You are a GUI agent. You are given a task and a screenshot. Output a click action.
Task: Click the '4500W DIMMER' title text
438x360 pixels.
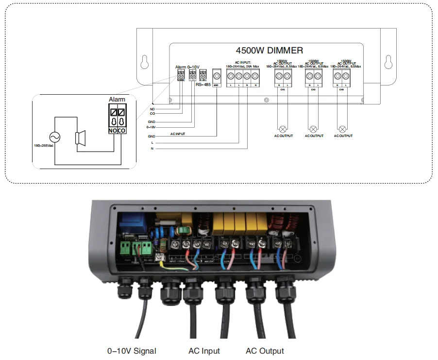269,50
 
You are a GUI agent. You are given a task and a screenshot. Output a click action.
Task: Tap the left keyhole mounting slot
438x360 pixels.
144,63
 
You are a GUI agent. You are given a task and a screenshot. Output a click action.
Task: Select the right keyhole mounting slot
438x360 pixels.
387,63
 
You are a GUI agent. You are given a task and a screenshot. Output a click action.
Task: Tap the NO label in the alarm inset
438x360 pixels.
112,131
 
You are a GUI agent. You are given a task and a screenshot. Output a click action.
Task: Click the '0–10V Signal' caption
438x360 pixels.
132,351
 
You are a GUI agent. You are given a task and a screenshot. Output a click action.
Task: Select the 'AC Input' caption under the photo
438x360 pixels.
204,351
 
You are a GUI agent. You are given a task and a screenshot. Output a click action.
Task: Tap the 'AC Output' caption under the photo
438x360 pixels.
265,351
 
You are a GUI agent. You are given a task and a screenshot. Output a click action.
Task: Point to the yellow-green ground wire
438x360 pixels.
175,265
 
